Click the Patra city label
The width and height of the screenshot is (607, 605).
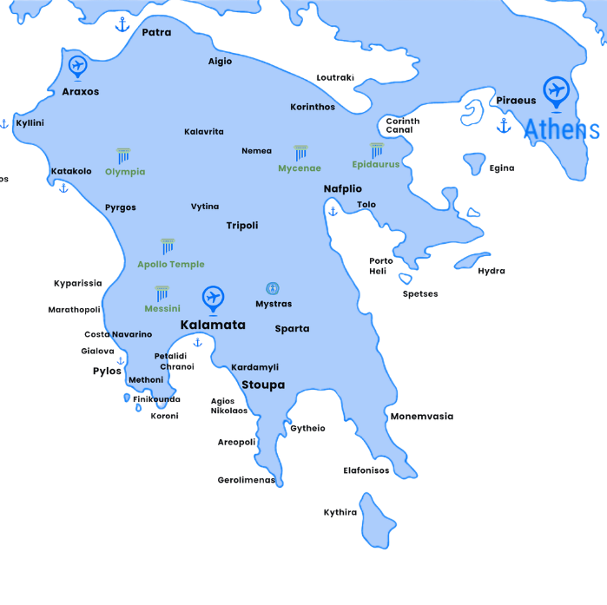tap(156, 33)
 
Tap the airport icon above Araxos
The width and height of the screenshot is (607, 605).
tap(77, 65)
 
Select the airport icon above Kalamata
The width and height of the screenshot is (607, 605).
tap(212, 298)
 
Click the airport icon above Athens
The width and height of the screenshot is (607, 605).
tap(555, 89)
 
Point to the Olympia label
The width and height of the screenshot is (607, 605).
tap(125, 172)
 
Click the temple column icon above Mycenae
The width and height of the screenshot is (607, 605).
tap(300, 153)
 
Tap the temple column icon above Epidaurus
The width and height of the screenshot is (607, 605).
tap(376, 150)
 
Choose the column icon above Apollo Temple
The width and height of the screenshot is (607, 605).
tap(168, 247)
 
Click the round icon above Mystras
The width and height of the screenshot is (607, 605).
tap(273, 288)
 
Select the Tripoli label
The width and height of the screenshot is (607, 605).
tap(242, 226)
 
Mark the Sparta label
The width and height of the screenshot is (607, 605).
tap(292, 329)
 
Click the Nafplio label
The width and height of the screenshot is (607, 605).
tap(343, 189)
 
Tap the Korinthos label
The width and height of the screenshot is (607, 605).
tap(313, 108)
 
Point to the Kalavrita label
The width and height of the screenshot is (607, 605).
tap(204, 132)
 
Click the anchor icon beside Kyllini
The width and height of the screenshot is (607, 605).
tap(3, 124)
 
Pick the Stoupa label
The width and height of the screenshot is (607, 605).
tap(263, 385)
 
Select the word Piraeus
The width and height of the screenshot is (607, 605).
tap(516, 101)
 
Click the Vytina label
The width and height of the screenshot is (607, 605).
tap(205, 207)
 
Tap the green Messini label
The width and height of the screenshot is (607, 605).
tap(162, 309)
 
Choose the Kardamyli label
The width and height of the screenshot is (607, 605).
tap(254, 368)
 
